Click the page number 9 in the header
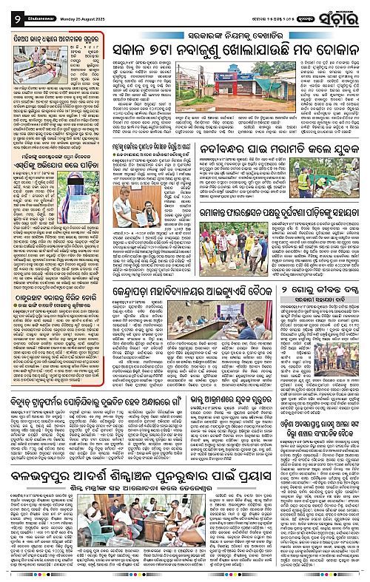[7, 11]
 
